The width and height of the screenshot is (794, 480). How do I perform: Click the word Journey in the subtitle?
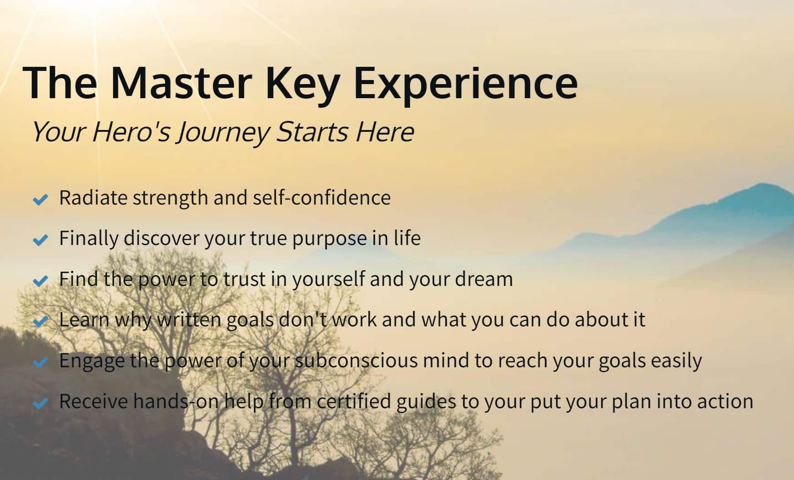223,133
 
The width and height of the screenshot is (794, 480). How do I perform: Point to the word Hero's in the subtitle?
131,132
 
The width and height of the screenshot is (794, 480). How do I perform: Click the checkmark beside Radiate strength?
40,199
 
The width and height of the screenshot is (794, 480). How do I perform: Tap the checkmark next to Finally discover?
40,240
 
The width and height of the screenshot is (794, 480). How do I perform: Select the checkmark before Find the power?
40,280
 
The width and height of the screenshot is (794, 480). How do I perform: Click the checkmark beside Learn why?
40,321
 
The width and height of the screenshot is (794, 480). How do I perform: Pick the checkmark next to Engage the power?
40,362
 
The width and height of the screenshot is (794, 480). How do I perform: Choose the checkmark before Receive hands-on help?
40,403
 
